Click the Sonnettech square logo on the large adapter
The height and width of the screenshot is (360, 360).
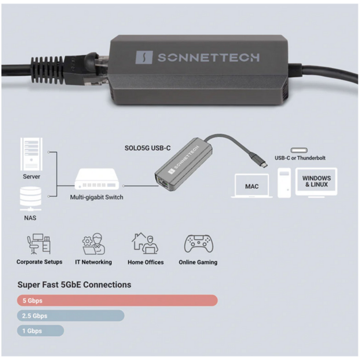[144, 57]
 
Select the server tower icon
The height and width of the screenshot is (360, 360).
[31, 154]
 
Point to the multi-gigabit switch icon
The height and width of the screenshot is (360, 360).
[96, 179]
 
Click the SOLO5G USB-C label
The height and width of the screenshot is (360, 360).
[148, 148]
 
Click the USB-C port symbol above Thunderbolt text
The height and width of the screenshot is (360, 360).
[299, 151]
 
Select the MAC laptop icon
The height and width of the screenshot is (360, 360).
[252, 186]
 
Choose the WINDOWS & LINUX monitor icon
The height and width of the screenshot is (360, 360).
[316, 182]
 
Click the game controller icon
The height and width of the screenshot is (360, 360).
[198, 243]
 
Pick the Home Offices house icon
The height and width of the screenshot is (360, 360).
[145, 243]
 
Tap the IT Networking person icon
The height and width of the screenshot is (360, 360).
[94, 244]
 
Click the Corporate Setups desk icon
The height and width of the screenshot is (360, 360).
[39, 244]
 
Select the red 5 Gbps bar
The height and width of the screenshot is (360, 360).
[118, 300]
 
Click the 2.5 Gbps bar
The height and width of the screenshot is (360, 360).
[71, 316]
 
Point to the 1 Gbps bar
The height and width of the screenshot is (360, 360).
[40, 331]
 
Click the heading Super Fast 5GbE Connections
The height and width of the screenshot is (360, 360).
[74, 285]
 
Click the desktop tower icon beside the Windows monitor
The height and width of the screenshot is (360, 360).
[284, 183]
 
